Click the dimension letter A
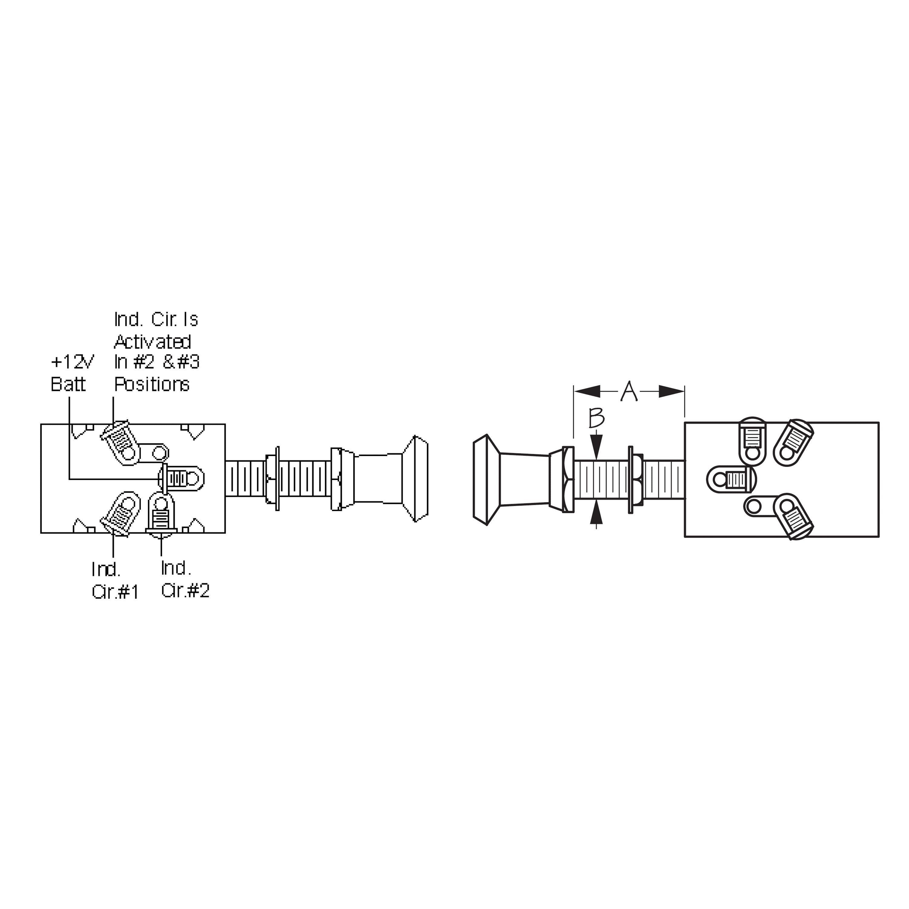click(629, 391)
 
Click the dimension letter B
click(597, 418)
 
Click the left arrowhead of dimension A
click(587, 391)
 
